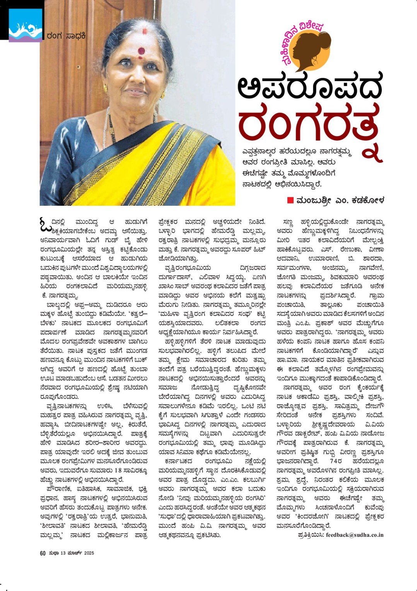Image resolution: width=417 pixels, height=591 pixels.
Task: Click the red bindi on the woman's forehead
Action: point(141,51)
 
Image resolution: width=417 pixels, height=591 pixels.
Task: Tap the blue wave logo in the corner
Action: point(25,25)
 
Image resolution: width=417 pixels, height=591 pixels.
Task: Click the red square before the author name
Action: point(290,200)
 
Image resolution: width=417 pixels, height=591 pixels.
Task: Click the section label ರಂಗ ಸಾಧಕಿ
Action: point(66,36)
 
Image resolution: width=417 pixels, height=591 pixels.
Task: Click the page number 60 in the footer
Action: point(43,553)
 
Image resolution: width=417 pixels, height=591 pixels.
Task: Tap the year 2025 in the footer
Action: point(89,553)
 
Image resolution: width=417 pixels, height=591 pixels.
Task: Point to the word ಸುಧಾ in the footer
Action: point(53,553)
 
